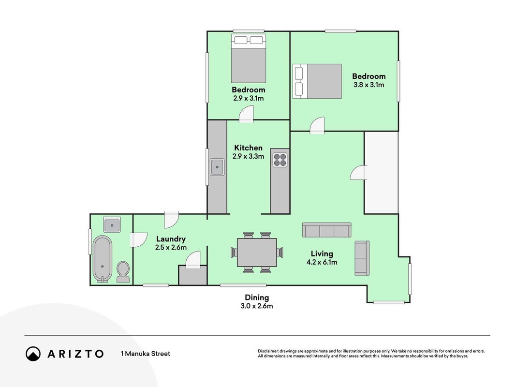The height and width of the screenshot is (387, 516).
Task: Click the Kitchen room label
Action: click(x=248, y=148)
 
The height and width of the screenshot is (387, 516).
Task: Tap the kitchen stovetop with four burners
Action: click(x=280, y=160)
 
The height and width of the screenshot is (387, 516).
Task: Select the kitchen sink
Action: click(x=217, y=167)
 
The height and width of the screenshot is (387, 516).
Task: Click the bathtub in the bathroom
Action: click(x=103, y=259)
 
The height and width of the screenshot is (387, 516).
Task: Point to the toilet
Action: click(x=123, y=272)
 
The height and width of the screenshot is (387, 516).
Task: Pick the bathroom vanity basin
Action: click(x=112, y=225)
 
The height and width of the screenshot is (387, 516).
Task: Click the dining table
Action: click(x=257, y=253)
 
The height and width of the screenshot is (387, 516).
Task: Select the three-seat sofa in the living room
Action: click(x=327, y=230)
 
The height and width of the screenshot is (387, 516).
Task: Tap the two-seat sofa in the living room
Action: click(x=362, y=258)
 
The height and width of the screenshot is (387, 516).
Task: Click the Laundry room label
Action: click(x=171, y=239)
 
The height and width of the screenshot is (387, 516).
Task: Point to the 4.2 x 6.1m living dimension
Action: click(x=322, y=262)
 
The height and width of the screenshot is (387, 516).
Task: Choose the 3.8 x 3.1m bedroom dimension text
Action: click(x=369, y=85)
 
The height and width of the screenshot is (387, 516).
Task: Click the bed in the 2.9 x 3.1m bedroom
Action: click(x=249, y=58)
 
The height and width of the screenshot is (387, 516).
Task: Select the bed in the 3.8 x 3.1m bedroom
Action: click(x=317, y=81)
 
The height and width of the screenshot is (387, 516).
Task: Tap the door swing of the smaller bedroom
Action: click(x=246, y=114)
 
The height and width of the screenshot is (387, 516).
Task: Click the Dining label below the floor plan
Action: click(x=257, y=298)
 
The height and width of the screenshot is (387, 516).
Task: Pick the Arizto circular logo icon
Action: click(x=33, y=354)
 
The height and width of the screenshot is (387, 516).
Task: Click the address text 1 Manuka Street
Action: click(x=146, y=354)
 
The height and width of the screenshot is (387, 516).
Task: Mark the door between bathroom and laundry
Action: click(x=138, y=240)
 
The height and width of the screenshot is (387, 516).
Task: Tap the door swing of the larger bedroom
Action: click(x=317, y=125)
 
